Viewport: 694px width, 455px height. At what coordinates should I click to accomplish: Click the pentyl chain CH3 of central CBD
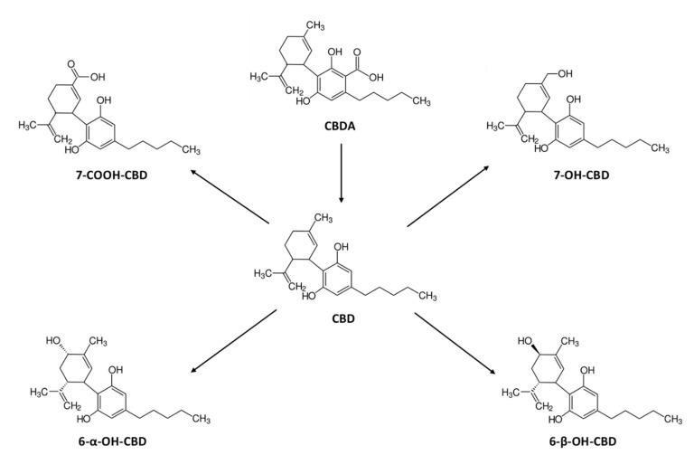tap(428, 295)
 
